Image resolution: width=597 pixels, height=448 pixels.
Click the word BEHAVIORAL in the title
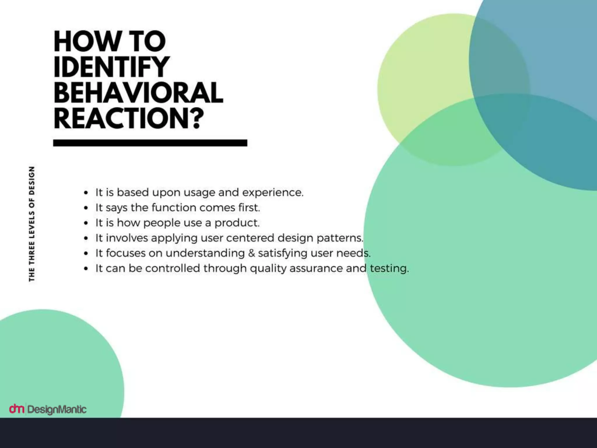pos(138,92)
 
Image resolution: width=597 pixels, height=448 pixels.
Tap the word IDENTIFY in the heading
pos(111,67)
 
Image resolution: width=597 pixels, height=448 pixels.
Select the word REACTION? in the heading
pos(129,118)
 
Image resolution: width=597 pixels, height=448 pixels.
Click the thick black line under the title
pos(150,143)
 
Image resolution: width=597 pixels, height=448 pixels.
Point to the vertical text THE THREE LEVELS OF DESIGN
pos(32,224)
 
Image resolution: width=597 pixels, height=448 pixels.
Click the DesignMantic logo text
pos(57,409)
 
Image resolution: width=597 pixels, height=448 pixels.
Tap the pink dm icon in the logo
pos(16,409)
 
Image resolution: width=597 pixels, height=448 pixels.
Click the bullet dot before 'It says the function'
pos(86,208)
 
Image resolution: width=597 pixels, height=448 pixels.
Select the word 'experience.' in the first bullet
pos(273,192)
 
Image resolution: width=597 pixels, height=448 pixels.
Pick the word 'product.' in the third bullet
pos(237,223)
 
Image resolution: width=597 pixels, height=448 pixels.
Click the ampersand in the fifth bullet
pos(251,253)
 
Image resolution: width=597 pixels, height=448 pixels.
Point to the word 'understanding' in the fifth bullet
pos(205,253)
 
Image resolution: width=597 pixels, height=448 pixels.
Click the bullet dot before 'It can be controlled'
pos(86,269)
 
